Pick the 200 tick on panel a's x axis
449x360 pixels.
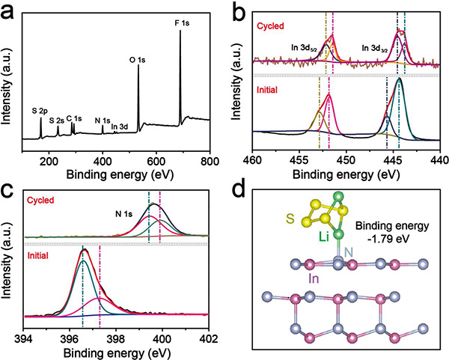pos(49,160)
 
